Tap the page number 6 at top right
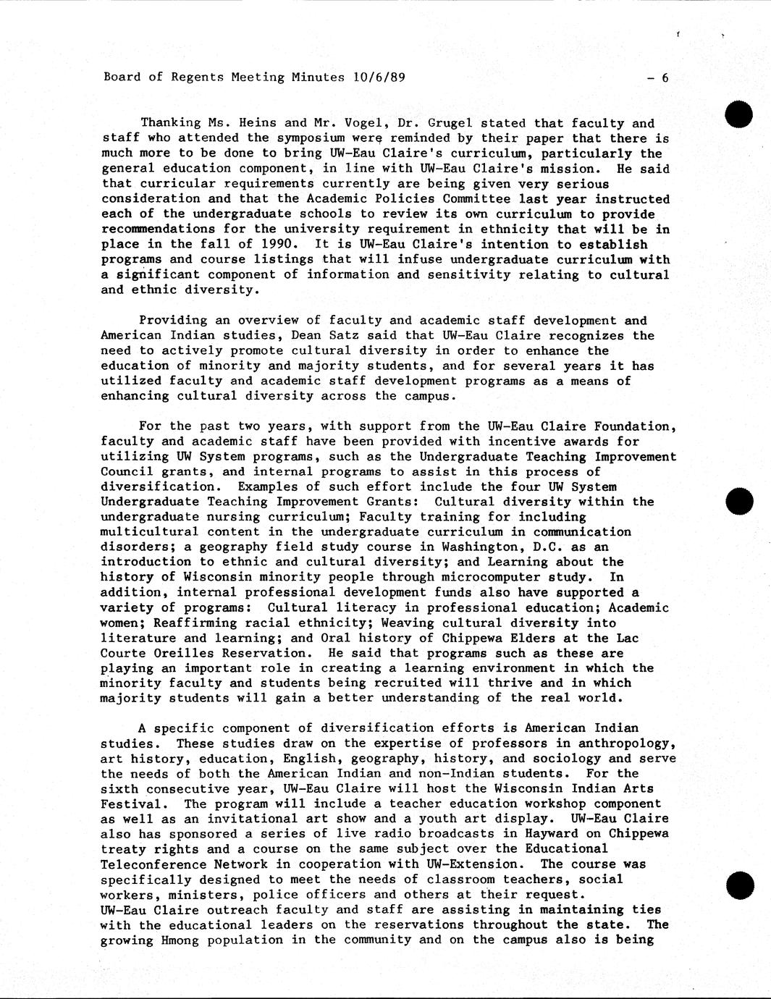[x=665, y=78]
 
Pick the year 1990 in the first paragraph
[x=280, y=245]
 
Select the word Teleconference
[x=150, y=864]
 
